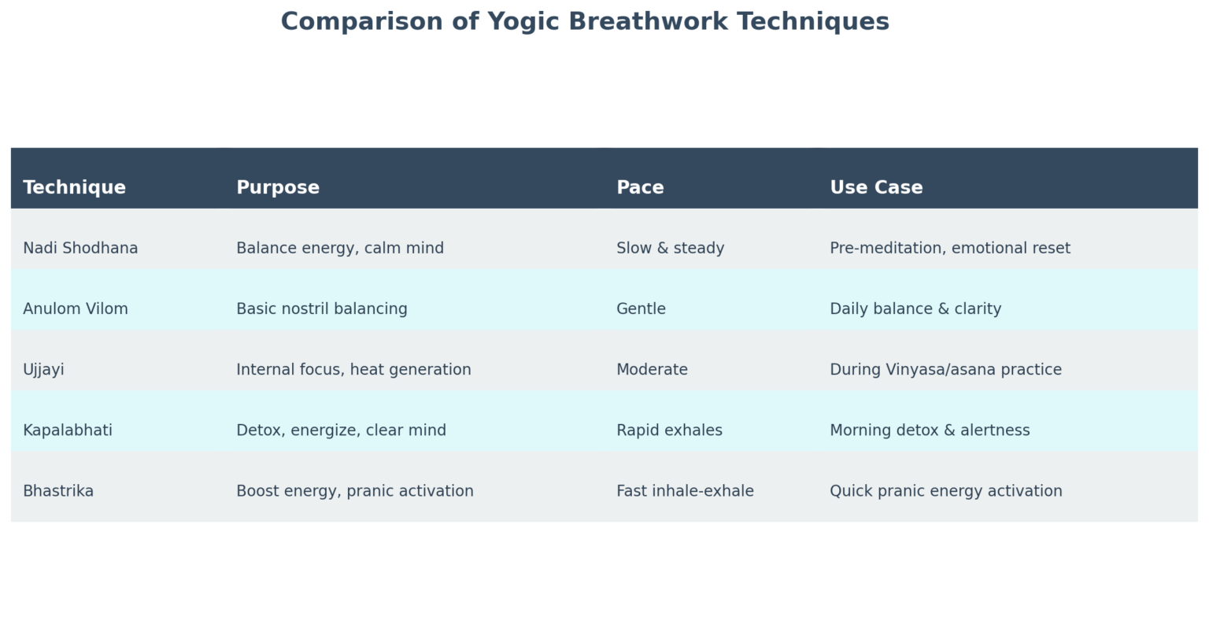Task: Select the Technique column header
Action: pyautogui.click(x=74, y=187)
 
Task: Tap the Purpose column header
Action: pyautogui.click(x=278, y=187)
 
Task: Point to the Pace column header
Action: pyautogui.click(x=640, y=187)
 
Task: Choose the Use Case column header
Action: pyautogui.click(x=876, y=187)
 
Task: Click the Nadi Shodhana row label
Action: pyautogui.click(x=80, y=248)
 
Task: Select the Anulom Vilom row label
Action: pyautogui.click(x=76, y=308)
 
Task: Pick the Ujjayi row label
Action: pyautogui.click(x=43, y=370)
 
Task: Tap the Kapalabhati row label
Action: pyautogui.click(x=68, y=430)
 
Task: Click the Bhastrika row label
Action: pyautogui.click(x=58, y=491)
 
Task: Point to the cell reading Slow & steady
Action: pyautogui.click(x=670, y=248)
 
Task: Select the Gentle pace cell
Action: pyautogui.click(x=641, y=308)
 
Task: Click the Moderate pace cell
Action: pyautogui.click(x=652, y=370)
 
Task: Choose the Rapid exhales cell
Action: pyautogui.click(x=669, y=430)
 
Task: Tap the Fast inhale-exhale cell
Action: pyautogui.click(x=685, y=491)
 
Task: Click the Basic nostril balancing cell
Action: pyautogui.click(x=322, y=308)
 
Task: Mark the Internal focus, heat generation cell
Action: pyautogui.click(x=353, y=370)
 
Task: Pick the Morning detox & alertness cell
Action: pyautogui.click(x=930, y=430)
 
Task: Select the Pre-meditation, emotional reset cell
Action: pyautogui.click(x=950, y=248)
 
